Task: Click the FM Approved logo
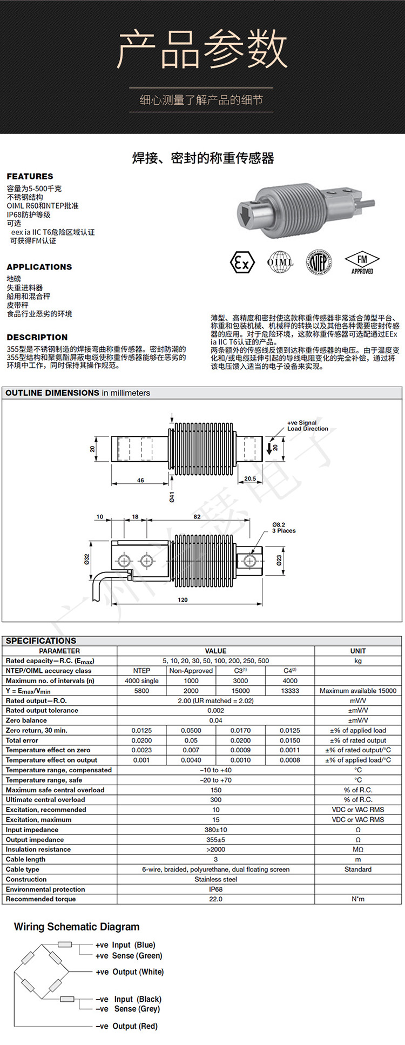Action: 362,263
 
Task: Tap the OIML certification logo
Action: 280,262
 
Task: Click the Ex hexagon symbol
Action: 242,263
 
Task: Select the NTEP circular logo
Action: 320,262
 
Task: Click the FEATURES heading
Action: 30,177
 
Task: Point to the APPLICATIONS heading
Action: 39,267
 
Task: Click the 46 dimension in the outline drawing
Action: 140,480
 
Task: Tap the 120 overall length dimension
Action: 183,599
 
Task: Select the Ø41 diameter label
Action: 172,497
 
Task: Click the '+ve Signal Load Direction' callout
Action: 307,426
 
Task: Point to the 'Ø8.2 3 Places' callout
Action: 283,528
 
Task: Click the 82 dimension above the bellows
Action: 197,517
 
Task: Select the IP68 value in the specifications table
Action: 215,889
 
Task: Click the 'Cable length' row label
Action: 25,859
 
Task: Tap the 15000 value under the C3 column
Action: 240,691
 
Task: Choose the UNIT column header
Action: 357,651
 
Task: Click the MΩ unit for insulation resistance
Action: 357,850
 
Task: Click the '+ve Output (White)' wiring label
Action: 130,972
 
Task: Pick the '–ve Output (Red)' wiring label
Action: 126,1026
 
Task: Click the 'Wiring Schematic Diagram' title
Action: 77,927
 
